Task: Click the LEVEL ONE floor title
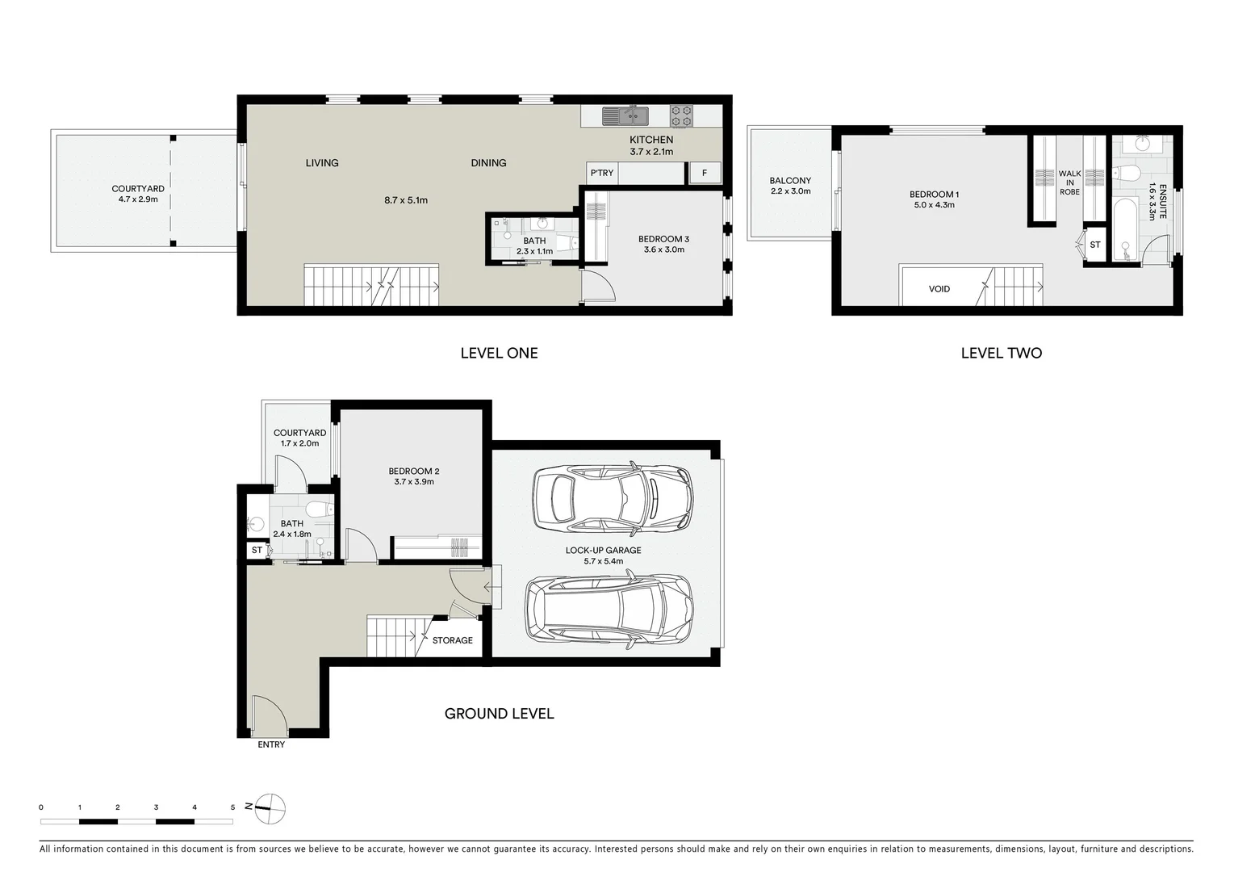[x=499, y=353]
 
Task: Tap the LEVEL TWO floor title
[x=1001, y=353]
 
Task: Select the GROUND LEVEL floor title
[x=499, y=714]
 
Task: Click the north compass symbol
[x=270, y=807]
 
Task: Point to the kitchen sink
[x=625, y=116]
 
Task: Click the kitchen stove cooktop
[x=681, y=116]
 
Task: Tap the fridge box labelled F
[x=704, y=173]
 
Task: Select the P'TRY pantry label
[x=601, y=173]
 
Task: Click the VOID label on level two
[x=939, y=289]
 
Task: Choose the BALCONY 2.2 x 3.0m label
[x=790, y=186]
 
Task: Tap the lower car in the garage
[x=609, y=610]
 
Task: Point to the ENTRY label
[x=271, y=744]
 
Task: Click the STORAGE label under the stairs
[x=452, y=640]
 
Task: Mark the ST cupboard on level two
[x=1094, y=245]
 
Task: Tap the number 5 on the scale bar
[x=232, y=807]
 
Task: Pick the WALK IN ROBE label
[x=1069, y=182]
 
